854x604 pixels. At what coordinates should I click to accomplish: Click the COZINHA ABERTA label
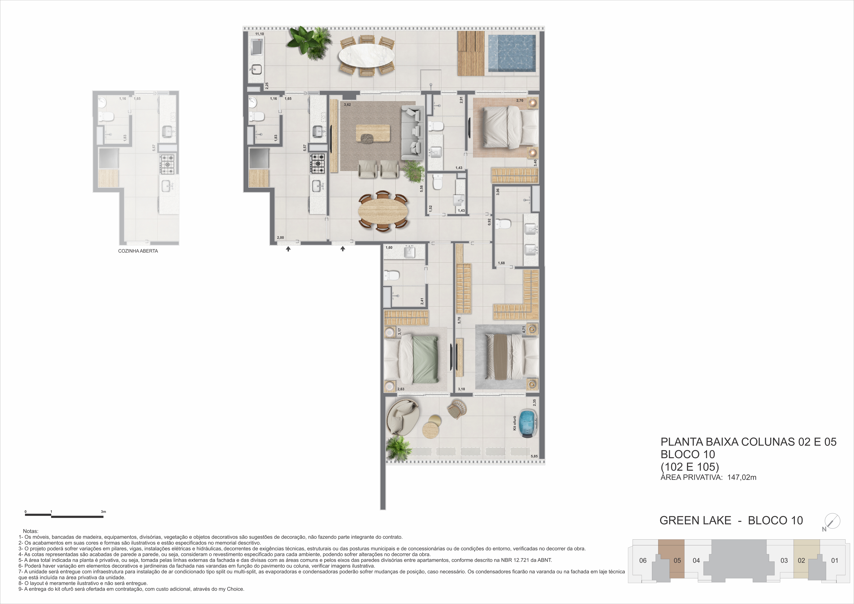click(138, 251)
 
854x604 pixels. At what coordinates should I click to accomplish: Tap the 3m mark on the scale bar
click(103, 512)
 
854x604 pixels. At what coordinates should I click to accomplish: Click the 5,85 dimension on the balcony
click(534, 456)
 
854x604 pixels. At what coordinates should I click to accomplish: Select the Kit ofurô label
click(515, 423)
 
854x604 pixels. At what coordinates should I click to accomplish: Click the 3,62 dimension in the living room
click(347, 105)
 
